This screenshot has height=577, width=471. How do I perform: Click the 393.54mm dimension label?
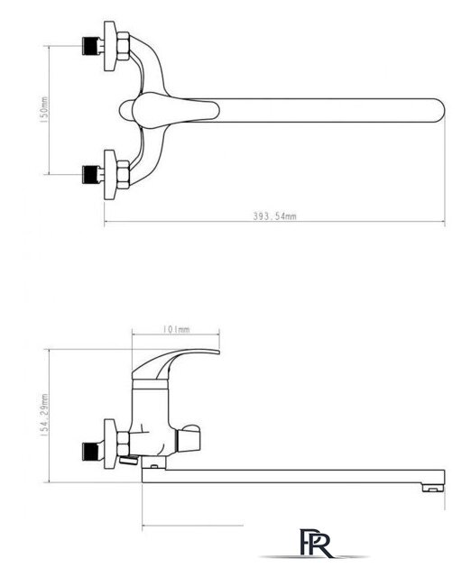274,216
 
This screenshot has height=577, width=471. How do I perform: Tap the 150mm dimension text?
44,110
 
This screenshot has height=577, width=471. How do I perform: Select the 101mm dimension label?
176,329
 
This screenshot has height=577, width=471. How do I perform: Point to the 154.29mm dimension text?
44,416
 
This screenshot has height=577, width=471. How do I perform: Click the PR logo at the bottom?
315,544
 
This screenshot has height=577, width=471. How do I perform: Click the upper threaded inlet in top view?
92,46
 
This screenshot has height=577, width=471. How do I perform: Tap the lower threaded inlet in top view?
92,174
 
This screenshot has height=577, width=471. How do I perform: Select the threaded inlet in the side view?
92,451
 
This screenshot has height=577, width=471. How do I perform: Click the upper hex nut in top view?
124,46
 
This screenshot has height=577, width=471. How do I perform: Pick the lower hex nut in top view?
124,174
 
